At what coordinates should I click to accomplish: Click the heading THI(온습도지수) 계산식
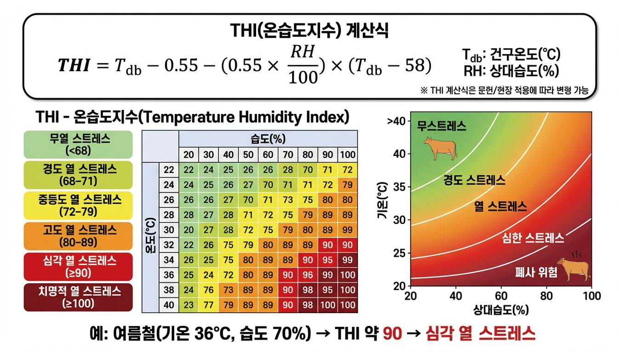pyautogui.click(x=309, y=31)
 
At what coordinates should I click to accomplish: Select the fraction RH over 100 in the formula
pyautogui.click(x=303, y=64)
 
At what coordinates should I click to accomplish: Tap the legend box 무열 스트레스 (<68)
pyautogui.click(x=78, y=144)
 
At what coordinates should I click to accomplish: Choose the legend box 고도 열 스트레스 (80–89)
pyautogui.click(x=78, y=235)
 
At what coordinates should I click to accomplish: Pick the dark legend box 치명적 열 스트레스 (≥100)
pyautogui.click(x=78, y=297)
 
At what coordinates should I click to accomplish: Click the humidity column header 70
pyautogui.click(x=288, y=154)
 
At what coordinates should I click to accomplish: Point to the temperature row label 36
pyautogui.click(x=169, y=275)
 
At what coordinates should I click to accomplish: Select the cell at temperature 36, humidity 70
pyautogui.click(x=288, y=275)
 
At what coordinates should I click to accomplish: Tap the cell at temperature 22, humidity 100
pyautogui.click(x=348, y=170)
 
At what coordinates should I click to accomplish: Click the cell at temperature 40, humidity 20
pyautogui.click(x=189, y=305)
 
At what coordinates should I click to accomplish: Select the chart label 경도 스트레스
pyautogui.click(x=474, y=180)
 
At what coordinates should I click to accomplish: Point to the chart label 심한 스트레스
pyautogui.click(x=533, y=238)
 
